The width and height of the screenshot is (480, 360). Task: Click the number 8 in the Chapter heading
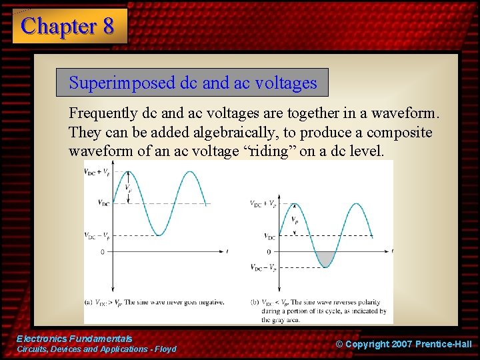click(108, 26)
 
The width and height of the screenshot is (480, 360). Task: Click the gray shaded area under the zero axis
click(325, 259)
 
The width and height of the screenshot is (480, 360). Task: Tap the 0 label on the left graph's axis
click(103, 251)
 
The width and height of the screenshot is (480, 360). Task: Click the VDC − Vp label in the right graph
click(262, 267)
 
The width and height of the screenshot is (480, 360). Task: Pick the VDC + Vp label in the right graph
click(262, 203)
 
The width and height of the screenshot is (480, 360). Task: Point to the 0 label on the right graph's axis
click(269, 251)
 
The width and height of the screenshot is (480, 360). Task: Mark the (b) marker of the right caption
click(255, 302)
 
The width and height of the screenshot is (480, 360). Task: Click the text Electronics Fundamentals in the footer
click(74, 339)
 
